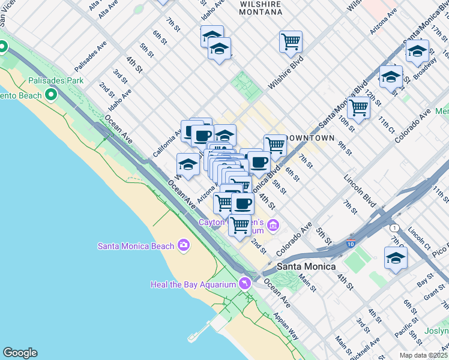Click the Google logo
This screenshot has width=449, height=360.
20,353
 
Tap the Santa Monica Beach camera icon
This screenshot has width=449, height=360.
184,245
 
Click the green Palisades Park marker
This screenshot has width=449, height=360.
51,95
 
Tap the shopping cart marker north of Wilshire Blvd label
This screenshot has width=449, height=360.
291,42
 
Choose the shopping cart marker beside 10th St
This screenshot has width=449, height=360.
358,108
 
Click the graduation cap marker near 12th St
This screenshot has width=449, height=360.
391,77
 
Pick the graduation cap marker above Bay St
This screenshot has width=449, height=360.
396,259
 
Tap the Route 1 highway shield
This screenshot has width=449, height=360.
394,228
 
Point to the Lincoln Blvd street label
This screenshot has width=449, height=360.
360,187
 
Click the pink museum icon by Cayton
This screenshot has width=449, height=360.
273,226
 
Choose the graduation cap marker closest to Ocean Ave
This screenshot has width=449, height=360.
188,164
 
